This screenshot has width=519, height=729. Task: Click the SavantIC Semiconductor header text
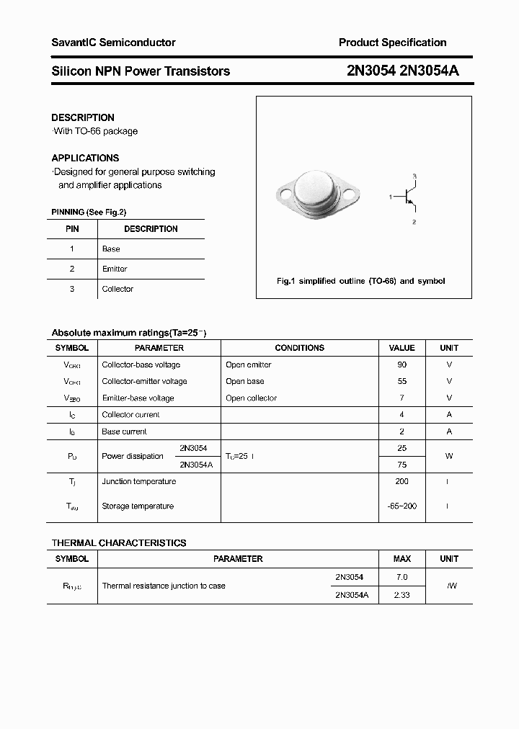click(113, 43)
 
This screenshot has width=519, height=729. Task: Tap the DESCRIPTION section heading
click(83, 117)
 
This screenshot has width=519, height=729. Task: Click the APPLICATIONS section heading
click(85, 158)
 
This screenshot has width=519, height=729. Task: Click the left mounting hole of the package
click(285, 194)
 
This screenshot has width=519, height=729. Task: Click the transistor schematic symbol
click(407, 197)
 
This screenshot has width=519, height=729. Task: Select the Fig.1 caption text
click(361, 281)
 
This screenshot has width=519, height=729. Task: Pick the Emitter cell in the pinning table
click(115, 269)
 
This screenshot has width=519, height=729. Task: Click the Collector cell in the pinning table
click(117, 289)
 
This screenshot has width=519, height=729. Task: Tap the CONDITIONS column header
click(299, 348)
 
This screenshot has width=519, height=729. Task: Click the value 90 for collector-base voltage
click(402, 364)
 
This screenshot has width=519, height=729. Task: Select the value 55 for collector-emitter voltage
click(402, 381)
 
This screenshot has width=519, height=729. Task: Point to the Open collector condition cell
click(251, 398)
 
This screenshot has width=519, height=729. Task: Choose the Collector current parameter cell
click(130, 414)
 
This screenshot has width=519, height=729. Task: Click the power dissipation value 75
click(402, 465)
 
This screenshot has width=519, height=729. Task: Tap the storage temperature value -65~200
click(402, 506)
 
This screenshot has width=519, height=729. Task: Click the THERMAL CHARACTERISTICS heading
click(119, 543)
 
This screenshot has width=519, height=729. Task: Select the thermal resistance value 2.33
click(402, 595)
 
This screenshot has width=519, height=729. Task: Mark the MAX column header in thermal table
click(402, 559)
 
